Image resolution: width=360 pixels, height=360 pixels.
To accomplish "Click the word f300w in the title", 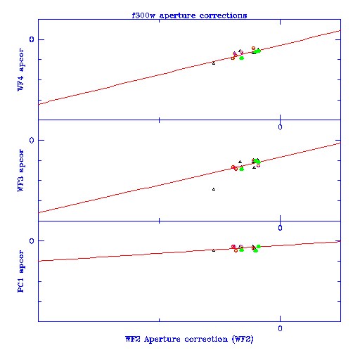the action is click(144, 15).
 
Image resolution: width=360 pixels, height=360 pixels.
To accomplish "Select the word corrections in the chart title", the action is click(223, 15).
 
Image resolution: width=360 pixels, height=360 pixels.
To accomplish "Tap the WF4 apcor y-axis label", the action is click(20, 70).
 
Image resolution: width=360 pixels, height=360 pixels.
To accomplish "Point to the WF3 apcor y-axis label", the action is click(20, 170).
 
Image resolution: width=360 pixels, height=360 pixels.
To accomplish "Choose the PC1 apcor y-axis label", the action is click(20, 271).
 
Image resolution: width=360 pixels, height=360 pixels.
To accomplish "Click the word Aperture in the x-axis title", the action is click(162, 340).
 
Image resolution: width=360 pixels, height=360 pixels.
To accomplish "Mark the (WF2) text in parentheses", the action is click(243, 339).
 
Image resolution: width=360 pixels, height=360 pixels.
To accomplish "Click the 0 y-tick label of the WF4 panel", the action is click(32, 39).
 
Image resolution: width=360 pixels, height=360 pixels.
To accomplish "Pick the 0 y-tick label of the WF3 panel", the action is click(32, 140).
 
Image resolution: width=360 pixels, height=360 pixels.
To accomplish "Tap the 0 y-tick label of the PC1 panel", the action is click(32, 241).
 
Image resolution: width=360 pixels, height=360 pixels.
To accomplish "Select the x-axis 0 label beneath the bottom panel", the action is click(280, 328).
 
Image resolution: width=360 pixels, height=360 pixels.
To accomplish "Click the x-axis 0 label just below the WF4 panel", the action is click(280, 127).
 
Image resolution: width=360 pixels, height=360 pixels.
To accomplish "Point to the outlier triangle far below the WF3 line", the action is click(214, 189).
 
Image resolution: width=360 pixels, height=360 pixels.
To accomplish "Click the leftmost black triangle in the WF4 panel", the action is click(214, 63).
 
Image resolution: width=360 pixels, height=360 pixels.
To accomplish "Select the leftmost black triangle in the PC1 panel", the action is click(214, 250).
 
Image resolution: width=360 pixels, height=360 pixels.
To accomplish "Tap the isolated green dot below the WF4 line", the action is click(242, 58).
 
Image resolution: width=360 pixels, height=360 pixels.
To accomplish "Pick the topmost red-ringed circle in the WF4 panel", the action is click(253, 48).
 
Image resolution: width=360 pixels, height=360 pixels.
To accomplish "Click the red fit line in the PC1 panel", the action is click(189, 251).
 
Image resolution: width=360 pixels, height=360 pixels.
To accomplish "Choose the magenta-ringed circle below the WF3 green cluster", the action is click(258, 165).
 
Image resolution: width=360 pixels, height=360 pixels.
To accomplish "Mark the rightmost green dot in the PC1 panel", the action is click(259, 246).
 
